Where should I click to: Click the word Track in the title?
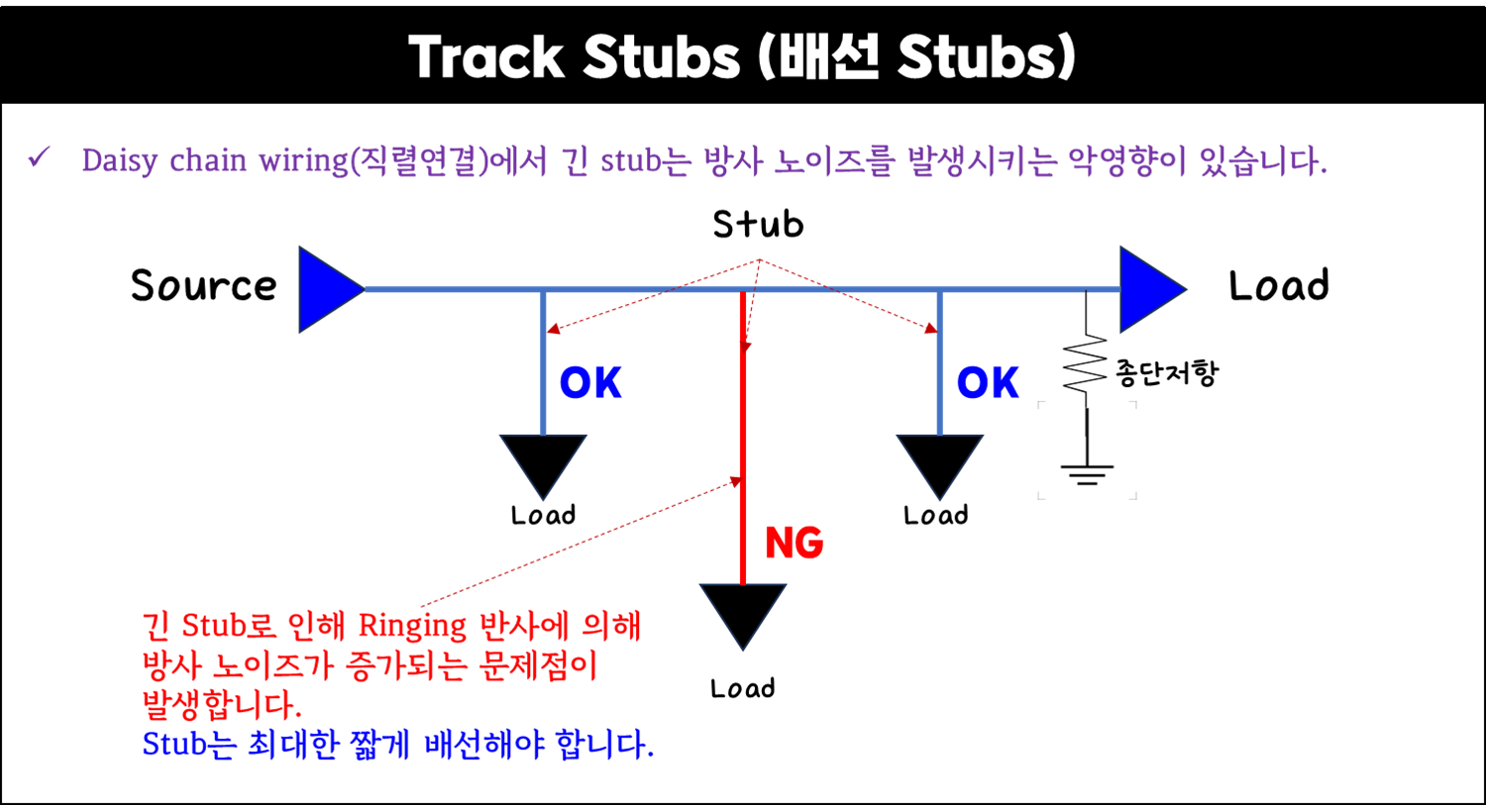click(x=486, y=57)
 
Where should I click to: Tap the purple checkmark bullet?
click(x=40, y=156)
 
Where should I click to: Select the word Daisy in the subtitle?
click(x=119, y=160)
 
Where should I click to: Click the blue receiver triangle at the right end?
click(x=1149, y=289)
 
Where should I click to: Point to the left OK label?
click(x=591, y=383)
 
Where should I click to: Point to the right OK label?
click(x=988, y=383)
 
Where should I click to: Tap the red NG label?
click(x=795, y=543)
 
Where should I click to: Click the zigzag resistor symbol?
click(x=1086, y=363)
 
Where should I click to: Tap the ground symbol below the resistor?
click(x=1087, y=472)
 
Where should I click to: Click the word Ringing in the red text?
click(x=411, y=627)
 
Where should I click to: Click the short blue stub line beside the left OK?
click(x=544, y=361)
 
